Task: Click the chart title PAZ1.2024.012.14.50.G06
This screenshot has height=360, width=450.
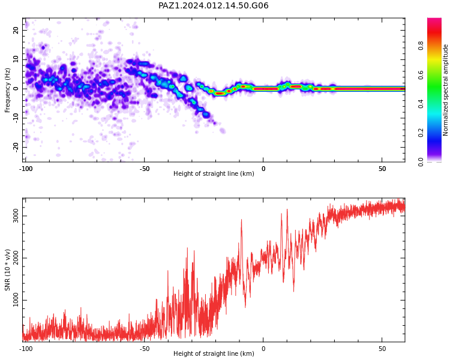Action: click(x=213, y=5)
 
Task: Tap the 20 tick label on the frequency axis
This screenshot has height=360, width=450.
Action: click(x=16, y=30)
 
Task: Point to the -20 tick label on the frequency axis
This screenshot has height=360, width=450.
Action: click(x=16, y=148)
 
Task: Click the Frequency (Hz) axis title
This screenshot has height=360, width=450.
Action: click(x=7, y=90)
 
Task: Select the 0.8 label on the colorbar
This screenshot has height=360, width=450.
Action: click(x=421, y=46)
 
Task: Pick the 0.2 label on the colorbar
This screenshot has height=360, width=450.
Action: click(x=421, y=133)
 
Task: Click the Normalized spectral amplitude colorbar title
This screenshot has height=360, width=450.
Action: click(x=445, y=90)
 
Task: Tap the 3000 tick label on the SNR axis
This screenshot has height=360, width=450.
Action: click(x=15, y=215)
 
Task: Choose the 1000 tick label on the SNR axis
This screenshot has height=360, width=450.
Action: click(x=15, y=300)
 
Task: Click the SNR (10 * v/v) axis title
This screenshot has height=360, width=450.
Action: click(x=7, y=270)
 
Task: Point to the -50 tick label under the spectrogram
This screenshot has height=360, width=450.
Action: click(x=145, y=169)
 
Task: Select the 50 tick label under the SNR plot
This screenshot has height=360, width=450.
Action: click(x=382, y=349)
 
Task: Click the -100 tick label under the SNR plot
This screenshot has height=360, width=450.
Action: click(x=26, y=349)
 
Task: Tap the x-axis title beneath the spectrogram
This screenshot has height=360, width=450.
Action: click(x=214, y=173)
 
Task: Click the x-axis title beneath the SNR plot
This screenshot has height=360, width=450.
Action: click(x=214, y=353)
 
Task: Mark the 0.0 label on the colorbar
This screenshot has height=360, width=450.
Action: click(x=421, y=162)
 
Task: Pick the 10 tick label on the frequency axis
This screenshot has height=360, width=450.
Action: click(x=16, y=59)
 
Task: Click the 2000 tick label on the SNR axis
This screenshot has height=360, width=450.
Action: click(x=15, y=258)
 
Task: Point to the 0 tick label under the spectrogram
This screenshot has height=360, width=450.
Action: click(x=263, y=169)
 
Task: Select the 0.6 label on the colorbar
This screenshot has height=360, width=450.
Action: click(x=421, y=74)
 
